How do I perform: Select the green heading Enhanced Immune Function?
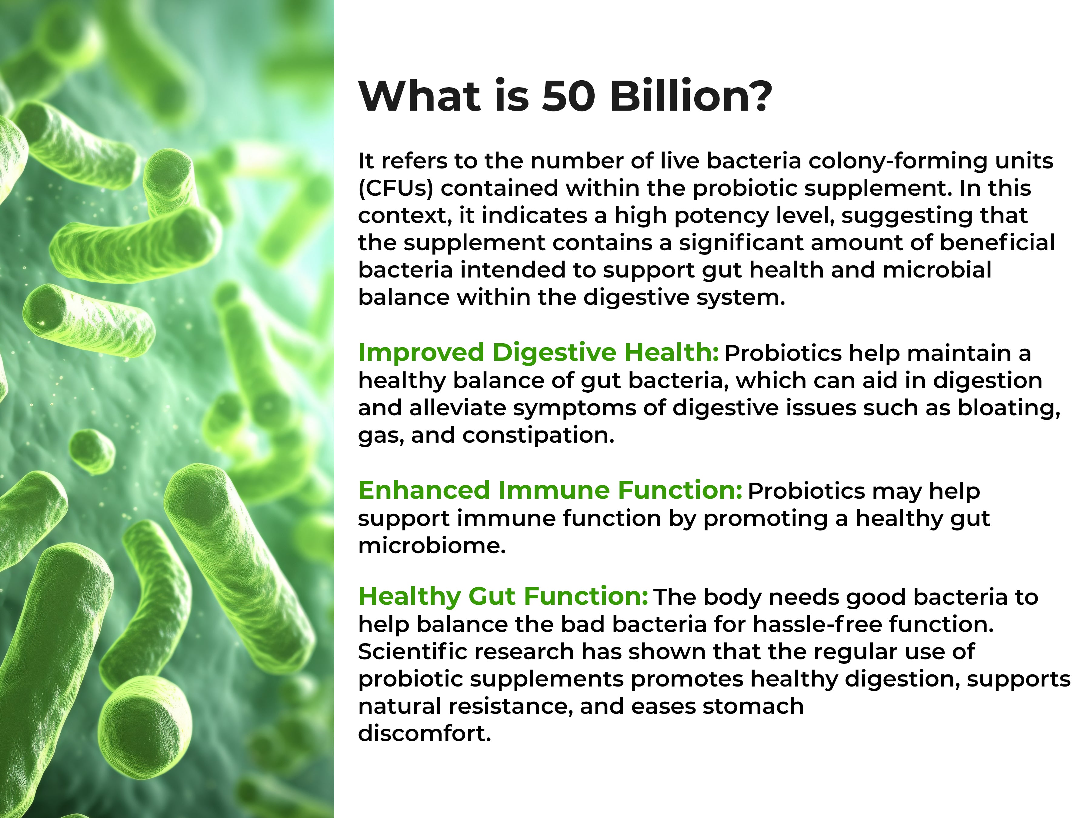click(550, 490)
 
